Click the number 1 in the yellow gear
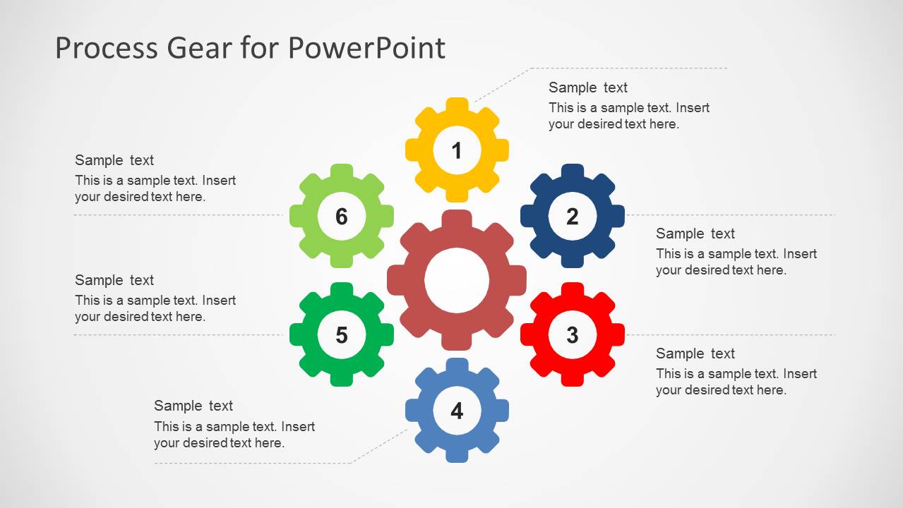coord(457,150)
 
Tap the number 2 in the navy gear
coord(572,216)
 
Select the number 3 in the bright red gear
coord(572,334)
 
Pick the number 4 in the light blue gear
coord(457,411)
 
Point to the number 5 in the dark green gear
coord(342,334)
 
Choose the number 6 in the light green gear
coord(342,216)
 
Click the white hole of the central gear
coord(457,280)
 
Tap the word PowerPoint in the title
coord(366,48)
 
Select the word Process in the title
coord(106,48)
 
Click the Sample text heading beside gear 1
coord(587,87)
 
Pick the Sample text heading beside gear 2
coord(695,234)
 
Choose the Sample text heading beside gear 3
coord(695,353)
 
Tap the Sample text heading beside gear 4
coord(193,406)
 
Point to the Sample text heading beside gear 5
coord(114,280)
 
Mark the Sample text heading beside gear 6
coord(114,160)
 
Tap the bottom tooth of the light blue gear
coord(457,455)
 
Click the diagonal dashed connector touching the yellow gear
coord(501,85)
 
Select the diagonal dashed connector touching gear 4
coord(380,445)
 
